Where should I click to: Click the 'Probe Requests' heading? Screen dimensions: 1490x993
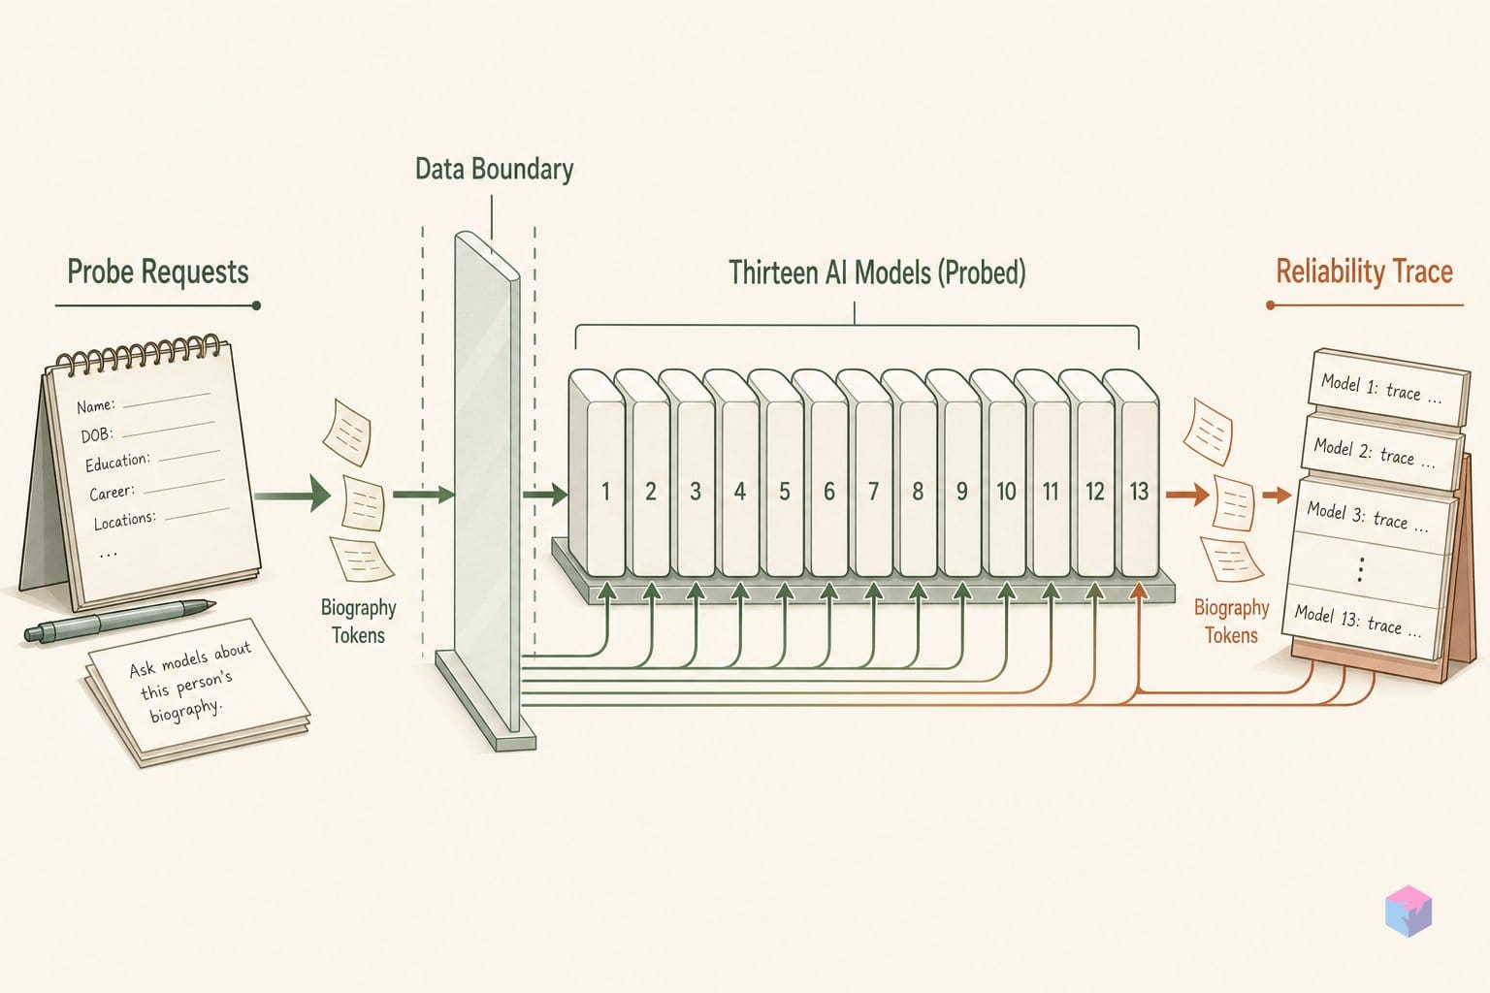tap(158, 272)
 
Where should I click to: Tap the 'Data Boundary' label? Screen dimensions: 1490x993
tap(494, 170)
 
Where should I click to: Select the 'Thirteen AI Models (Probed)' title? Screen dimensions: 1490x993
tap(877, 272)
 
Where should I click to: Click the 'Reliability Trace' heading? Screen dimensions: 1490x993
tap(1364, 272)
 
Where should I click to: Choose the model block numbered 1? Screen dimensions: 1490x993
tap(597, 473)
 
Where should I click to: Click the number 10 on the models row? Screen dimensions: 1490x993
tap(1006, 492)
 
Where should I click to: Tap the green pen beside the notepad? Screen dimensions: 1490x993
tap(119, 621)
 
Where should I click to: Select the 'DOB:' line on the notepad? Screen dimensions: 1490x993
tap(147, 431)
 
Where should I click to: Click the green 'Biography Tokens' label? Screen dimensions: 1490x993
tap(359, 622)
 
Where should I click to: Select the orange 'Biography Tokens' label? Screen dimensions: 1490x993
tap(1231, 622)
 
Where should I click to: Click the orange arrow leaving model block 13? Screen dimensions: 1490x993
tap(1187, 495)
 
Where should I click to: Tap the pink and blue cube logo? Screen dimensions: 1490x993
tap(1409, 911)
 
